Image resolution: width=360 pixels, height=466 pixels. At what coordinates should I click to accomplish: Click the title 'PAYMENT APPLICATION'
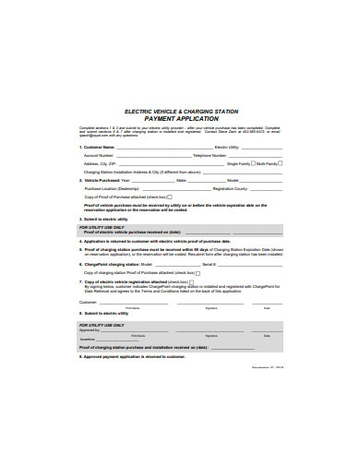pyautogui.click(x=180, y=118)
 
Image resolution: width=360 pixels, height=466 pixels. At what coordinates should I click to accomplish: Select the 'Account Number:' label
pyautogui.click(x=100, y=155)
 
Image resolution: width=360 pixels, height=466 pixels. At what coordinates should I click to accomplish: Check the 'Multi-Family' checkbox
pyautogui.click(x=281, y=162)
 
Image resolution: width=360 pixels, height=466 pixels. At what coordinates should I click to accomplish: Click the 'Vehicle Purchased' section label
pyautogui.click(x=102, y=180)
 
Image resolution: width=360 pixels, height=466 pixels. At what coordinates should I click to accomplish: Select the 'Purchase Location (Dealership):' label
pyautogui.click(x=113, y=188)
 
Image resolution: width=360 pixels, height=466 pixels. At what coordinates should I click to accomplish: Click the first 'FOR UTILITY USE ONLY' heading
pyautogui.click(x=102, y=226)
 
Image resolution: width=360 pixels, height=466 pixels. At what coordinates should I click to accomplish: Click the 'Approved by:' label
pyautogui.click(x=90, y=329)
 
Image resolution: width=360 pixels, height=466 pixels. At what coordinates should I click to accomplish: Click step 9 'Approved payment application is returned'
pyautogui.click(x=138, y=355)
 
